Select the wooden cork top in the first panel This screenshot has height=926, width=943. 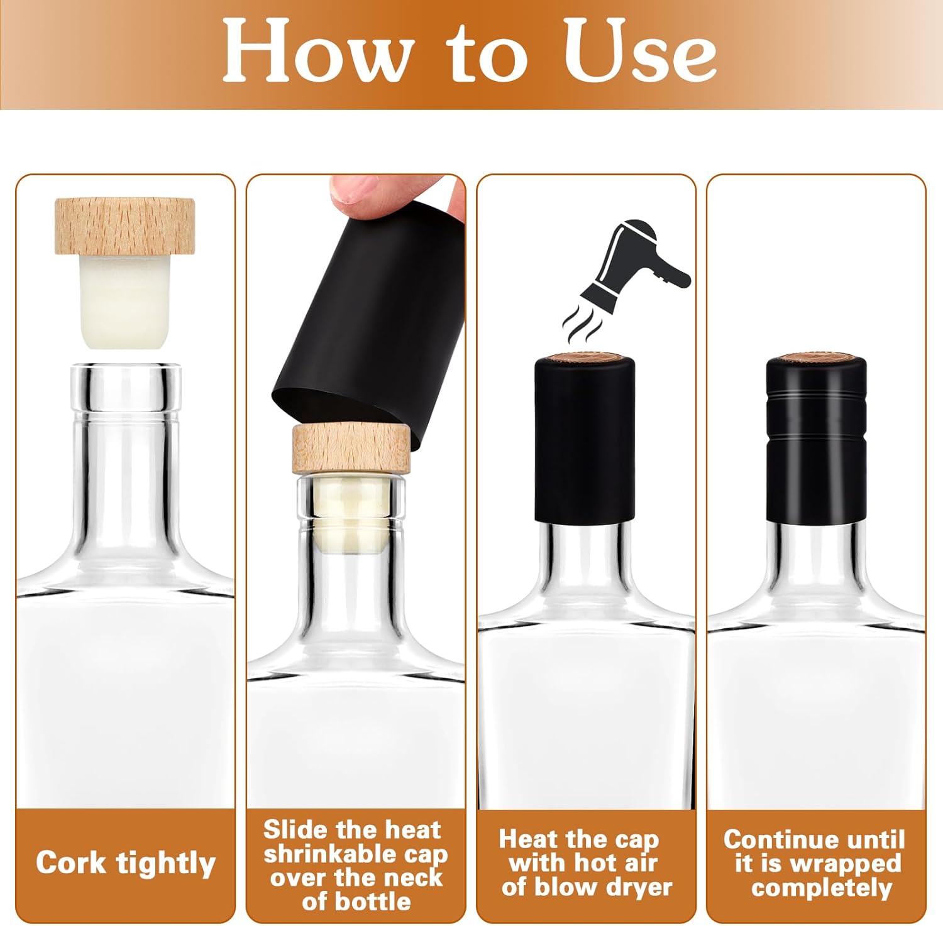[x=124, y=226]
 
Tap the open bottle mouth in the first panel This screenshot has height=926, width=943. [x=126, y=371]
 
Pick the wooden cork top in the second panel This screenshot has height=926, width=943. [x=351, y=448]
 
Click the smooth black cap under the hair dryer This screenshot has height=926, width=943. [x=584, y=440]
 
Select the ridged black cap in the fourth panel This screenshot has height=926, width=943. [x=816, y=440]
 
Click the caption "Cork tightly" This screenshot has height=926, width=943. [x=126, y=863]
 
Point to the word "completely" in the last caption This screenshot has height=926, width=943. [x=821, y=888]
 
